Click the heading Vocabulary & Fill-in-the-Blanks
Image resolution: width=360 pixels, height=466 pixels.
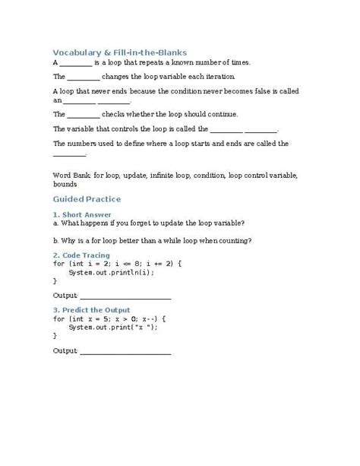coord(119,52)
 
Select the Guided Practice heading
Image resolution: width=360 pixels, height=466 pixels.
coord(87,199)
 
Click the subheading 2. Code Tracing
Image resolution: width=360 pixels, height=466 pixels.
coord(81,255)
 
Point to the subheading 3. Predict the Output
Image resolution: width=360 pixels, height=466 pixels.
coord(92,309)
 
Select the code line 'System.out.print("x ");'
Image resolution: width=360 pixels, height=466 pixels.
coord(112,327)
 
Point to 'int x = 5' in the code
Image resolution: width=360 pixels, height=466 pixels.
coord(89,319)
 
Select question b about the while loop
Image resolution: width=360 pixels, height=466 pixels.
coord(153,241)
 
